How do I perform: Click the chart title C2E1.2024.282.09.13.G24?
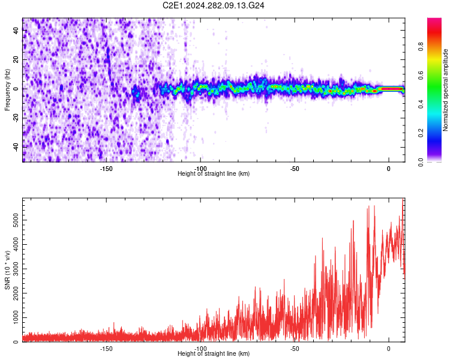214,5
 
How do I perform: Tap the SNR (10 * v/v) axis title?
7,271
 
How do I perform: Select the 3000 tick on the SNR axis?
13,269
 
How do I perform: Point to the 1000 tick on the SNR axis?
13,317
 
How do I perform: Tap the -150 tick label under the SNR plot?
106,349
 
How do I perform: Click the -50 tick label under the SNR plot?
294,349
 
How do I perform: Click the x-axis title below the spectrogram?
214,174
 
